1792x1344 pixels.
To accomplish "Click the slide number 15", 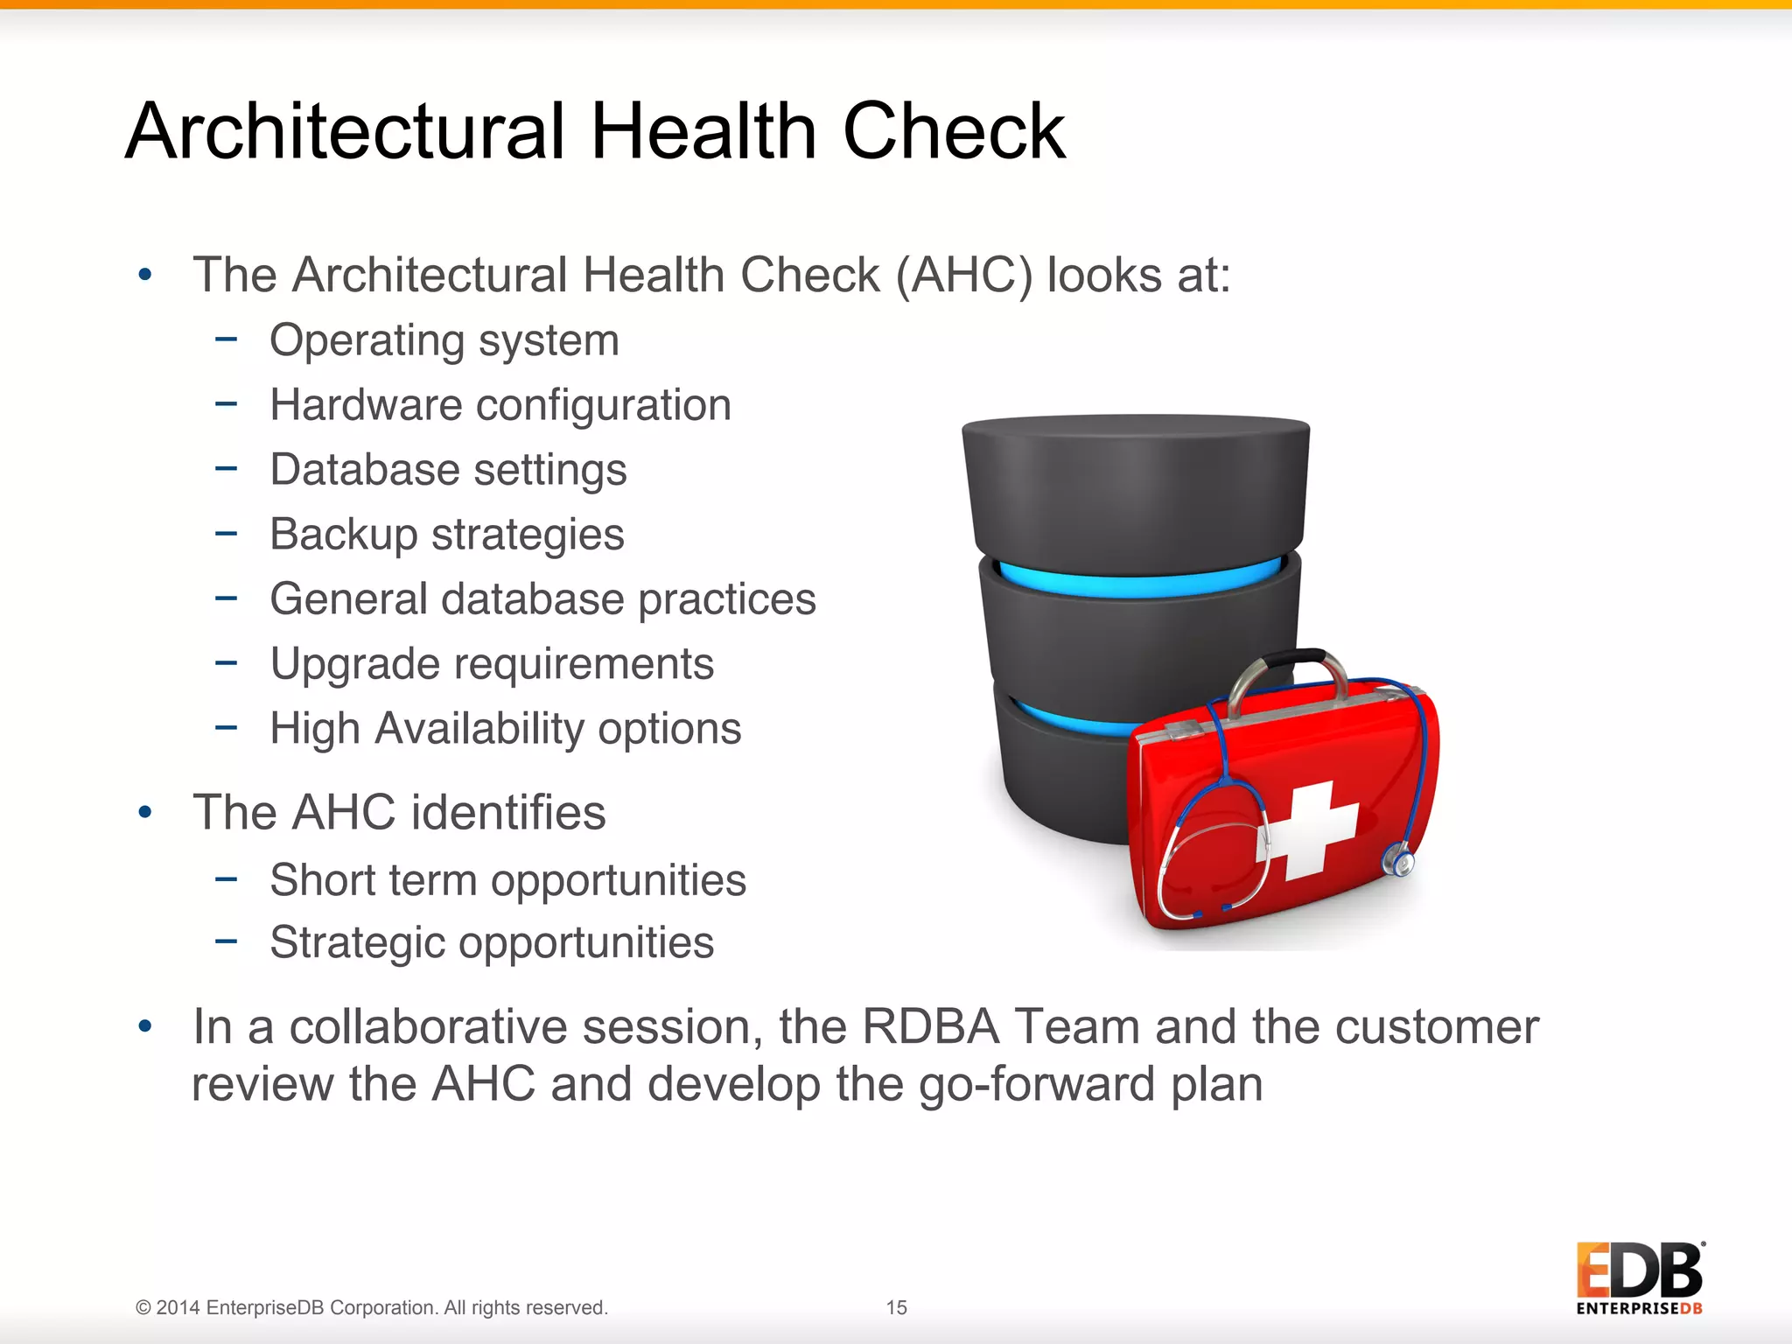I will point(896,1307).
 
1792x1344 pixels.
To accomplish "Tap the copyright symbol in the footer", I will point(143,1307).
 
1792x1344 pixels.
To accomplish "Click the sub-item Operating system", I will point(444,339).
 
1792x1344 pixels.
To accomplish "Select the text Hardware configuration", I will point(500,404).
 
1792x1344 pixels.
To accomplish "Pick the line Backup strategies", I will point(446,534).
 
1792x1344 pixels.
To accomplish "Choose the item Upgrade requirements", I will point(491,663).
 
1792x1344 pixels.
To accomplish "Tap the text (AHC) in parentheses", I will point(964,275).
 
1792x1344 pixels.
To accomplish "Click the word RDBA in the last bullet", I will point(930,1026).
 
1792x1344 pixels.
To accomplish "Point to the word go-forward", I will point(1036,1084).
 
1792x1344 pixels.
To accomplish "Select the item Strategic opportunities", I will point(491,942).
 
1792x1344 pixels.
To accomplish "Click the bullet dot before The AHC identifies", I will point(145,813).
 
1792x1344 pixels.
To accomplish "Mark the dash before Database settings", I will point(226,469).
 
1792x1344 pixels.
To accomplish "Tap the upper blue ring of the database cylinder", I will point(1137,582).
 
